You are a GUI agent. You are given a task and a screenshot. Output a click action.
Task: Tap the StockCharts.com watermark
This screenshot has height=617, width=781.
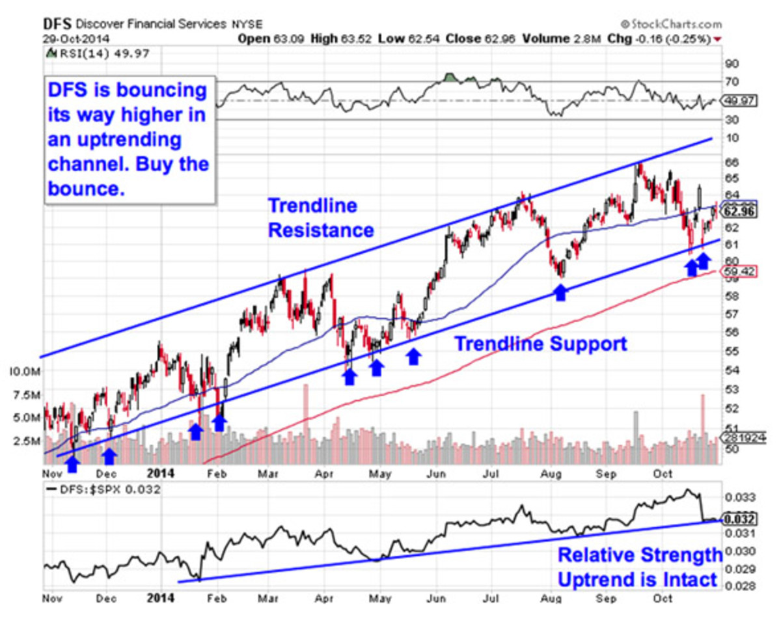(x=670, y=24)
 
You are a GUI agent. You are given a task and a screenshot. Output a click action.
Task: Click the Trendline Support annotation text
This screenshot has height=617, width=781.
(x=540, y=344)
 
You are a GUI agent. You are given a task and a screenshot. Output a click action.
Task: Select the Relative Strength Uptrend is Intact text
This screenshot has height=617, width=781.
(x=640, y=567)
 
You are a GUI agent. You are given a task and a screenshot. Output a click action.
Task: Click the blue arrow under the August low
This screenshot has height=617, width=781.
(x=560, y=292)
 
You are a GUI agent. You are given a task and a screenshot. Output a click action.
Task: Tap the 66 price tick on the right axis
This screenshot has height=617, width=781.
(x=730, y=161)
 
